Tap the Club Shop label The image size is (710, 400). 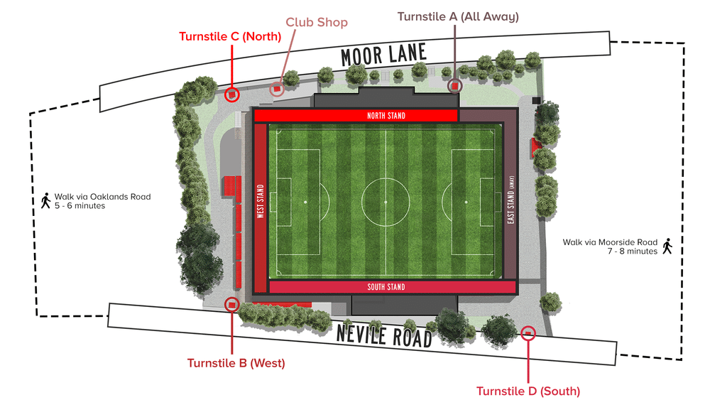[317, 23]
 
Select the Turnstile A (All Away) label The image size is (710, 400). [458, 16]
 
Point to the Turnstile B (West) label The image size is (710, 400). [236, 363]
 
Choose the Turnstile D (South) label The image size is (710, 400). [528, 391]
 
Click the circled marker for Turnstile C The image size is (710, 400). [231, 94]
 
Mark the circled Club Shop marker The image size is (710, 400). [277, 88]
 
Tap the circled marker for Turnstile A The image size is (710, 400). [455, 85]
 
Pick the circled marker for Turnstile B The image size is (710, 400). [231, 304]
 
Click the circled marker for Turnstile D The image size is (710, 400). [528, 333]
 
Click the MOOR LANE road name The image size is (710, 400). [384, 55]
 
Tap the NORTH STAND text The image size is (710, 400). [386, 116]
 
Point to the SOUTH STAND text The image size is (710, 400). [386, 287]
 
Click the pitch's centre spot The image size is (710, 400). [386, 202]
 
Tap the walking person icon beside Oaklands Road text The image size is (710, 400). [45, 201]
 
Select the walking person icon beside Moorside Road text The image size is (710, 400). [667, 247]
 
